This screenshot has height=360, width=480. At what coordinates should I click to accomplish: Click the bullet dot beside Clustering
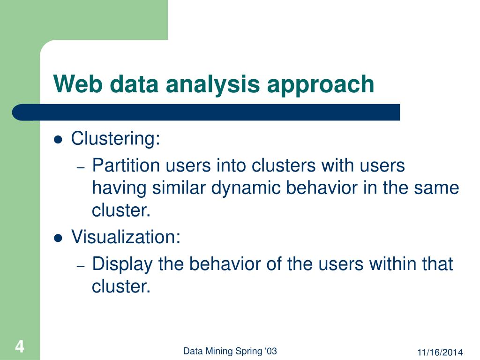pos(58,140)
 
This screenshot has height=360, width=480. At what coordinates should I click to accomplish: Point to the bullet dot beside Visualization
pos(58,238)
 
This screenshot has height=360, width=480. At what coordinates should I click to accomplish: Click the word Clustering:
pos(115,139)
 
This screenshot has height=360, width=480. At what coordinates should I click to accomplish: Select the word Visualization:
pos(126,238)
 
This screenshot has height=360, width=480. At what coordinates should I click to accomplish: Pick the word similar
pos(180,188)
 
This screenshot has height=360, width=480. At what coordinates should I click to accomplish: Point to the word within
pos(392,264)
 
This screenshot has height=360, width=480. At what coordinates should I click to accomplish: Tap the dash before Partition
pos(80,168)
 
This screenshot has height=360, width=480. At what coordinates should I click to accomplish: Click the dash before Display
pos(80,266)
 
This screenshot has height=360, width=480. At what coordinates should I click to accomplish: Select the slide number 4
pos(19,347)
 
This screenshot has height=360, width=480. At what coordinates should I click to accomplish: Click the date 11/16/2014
pos(440,352)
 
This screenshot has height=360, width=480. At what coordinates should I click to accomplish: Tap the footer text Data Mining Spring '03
pos(230,351)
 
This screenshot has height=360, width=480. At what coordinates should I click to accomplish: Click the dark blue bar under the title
pos(206,112)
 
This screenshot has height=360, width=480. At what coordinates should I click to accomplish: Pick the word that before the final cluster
pos(437,264)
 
